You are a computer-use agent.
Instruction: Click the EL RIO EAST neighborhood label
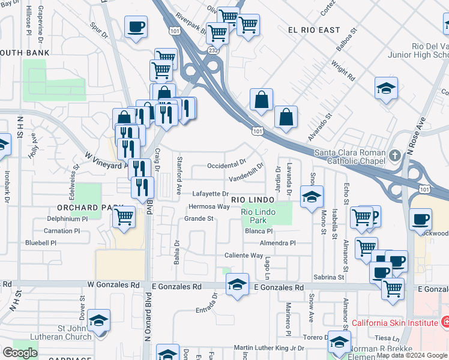point(313,30)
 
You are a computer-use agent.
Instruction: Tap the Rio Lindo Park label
point(258,217)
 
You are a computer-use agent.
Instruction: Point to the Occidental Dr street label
point(226,163)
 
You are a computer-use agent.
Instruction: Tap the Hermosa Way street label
point(209,206)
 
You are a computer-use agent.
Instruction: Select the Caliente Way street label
point(244,255)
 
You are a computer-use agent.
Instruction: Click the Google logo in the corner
point(20,353)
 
